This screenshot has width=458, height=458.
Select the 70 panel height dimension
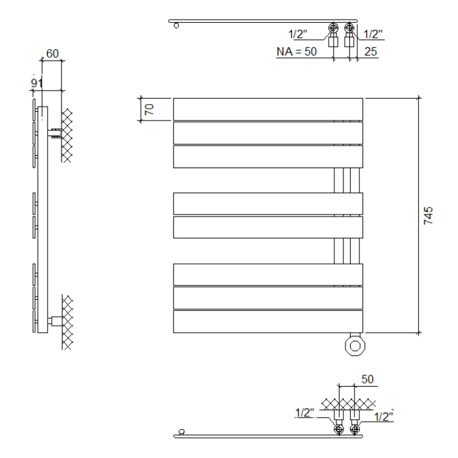149,109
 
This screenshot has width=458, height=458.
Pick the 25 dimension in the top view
370,51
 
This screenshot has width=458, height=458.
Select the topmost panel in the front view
268,109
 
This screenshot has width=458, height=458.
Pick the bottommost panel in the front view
268,321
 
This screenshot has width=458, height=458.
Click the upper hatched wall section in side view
66,136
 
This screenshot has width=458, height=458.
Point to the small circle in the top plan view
176,26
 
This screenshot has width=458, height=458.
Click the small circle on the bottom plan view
181,431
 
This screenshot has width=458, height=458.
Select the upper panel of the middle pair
268,203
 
